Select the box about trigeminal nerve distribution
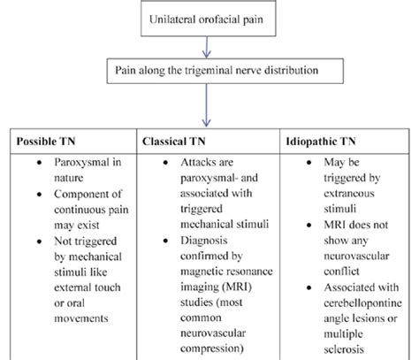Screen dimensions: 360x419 click(x=210, y=70)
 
